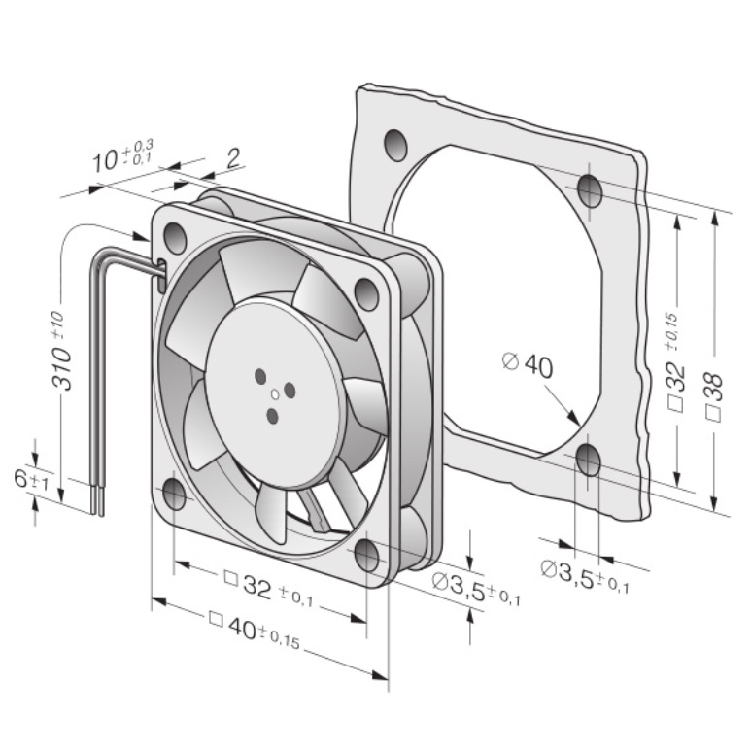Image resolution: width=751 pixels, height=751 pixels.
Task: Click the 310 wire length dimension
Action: point(61,352)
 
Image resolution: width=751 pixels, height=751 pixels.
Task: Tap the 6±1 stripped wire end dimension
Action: point(31,480)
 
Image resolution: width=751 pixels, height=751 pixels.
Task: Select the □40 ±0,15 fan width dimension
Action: point(255,632)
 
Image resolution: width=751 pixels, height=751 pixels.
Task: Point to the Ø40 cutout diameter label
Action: point(528,365)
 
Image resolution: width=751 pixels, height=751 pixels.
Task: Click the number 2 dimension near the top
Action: point(233,158)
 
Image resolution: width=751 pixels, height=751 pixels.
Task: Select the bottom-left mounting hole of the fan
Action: point(174,494)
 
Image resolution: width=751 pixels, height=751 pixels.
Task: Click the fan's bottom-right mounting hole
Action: point(367,555)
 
